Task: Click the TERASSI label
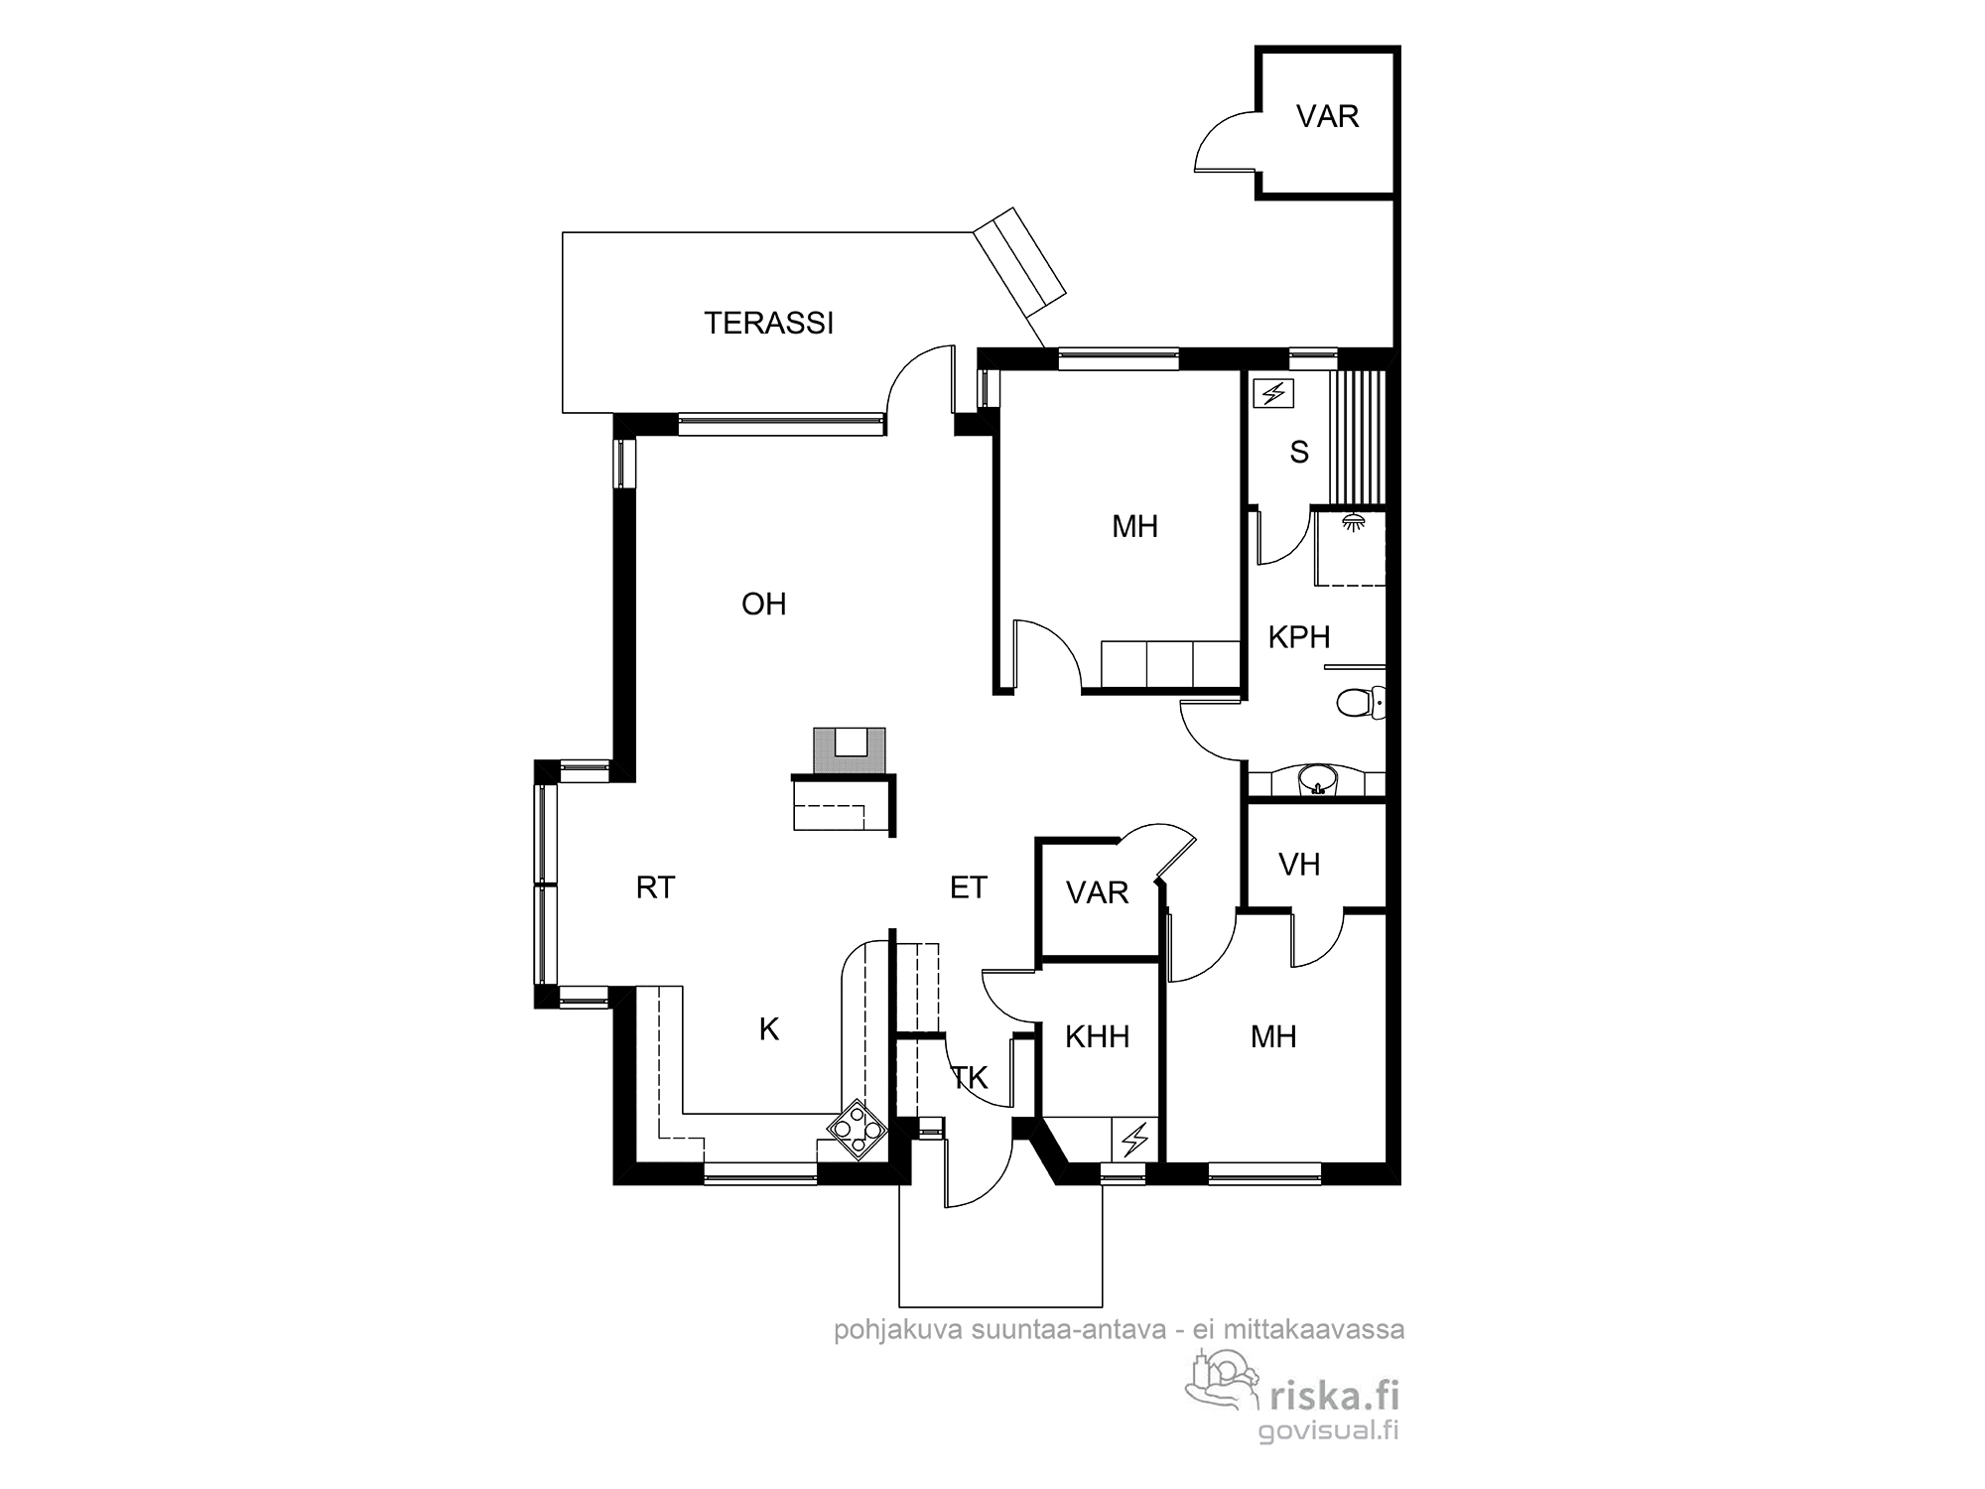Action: click(768, 323)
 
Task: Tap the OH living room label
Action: click(763, 604)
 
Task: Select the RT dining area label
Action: click(655, 887)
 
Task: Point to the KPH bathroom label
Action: click(1298, 637)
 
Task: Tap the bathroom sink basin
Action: click(1317, 780)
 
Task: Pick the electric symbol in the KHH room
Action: click(1134, 1140)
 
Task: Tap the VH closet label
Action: click(1299, 865)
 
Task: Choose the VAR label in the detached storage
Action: click(1327, 116)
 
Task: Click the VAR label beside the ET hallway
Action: click(1097, 892)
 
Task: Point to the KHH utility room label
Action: click(1097, 1037)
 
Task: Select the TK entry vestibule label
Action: click(970, 1078)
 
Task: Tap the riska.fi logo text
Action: click(1335, 1397)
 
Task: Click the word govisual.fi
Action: click(1328, 1431)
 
